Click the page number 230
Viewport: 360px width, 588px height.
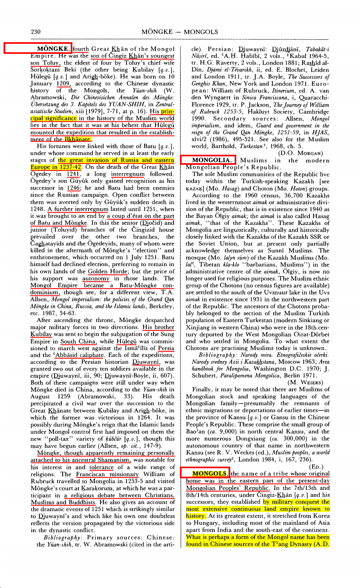[x=36, y=31]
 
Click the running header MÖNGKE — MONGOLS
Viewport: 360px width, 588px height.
[x=180, y=31]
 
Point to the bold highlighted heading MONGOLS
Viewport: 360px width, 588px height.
[x=209, y=473]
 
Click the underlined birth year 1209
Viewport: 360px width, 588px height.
[x=63, y=84]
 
